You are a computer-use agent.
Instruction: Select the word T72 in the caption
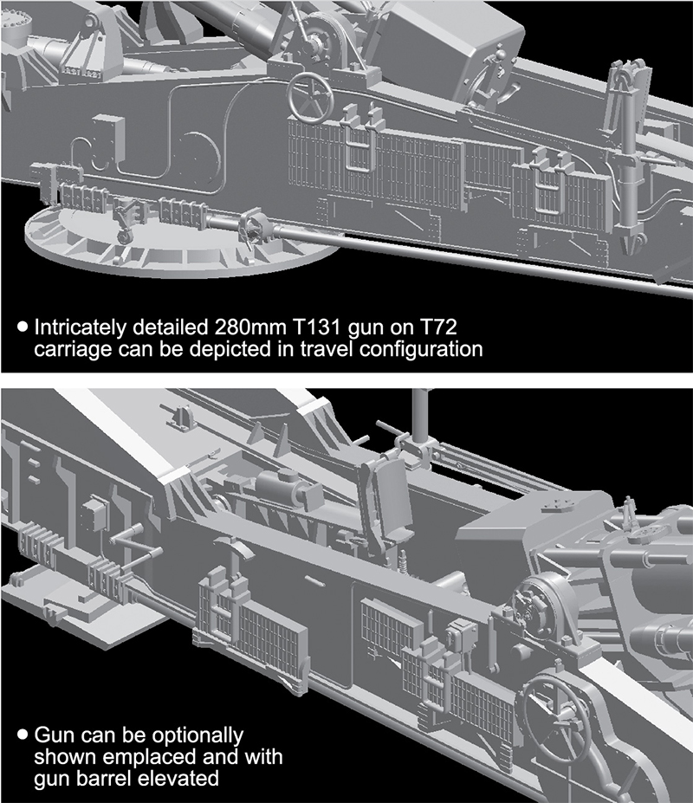coord(437,327)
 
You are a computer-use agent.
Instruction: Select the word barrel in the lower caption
coord(106,779)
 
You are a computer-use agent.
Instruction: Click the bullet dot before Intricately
coord(23,327)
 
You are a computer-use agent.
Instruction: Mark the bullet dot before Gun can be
coord(23,735)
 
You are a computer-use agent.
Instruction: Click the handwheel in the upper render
coord(308,98)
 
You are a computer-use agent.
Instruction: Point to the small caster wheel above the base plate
coord(123,236)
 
